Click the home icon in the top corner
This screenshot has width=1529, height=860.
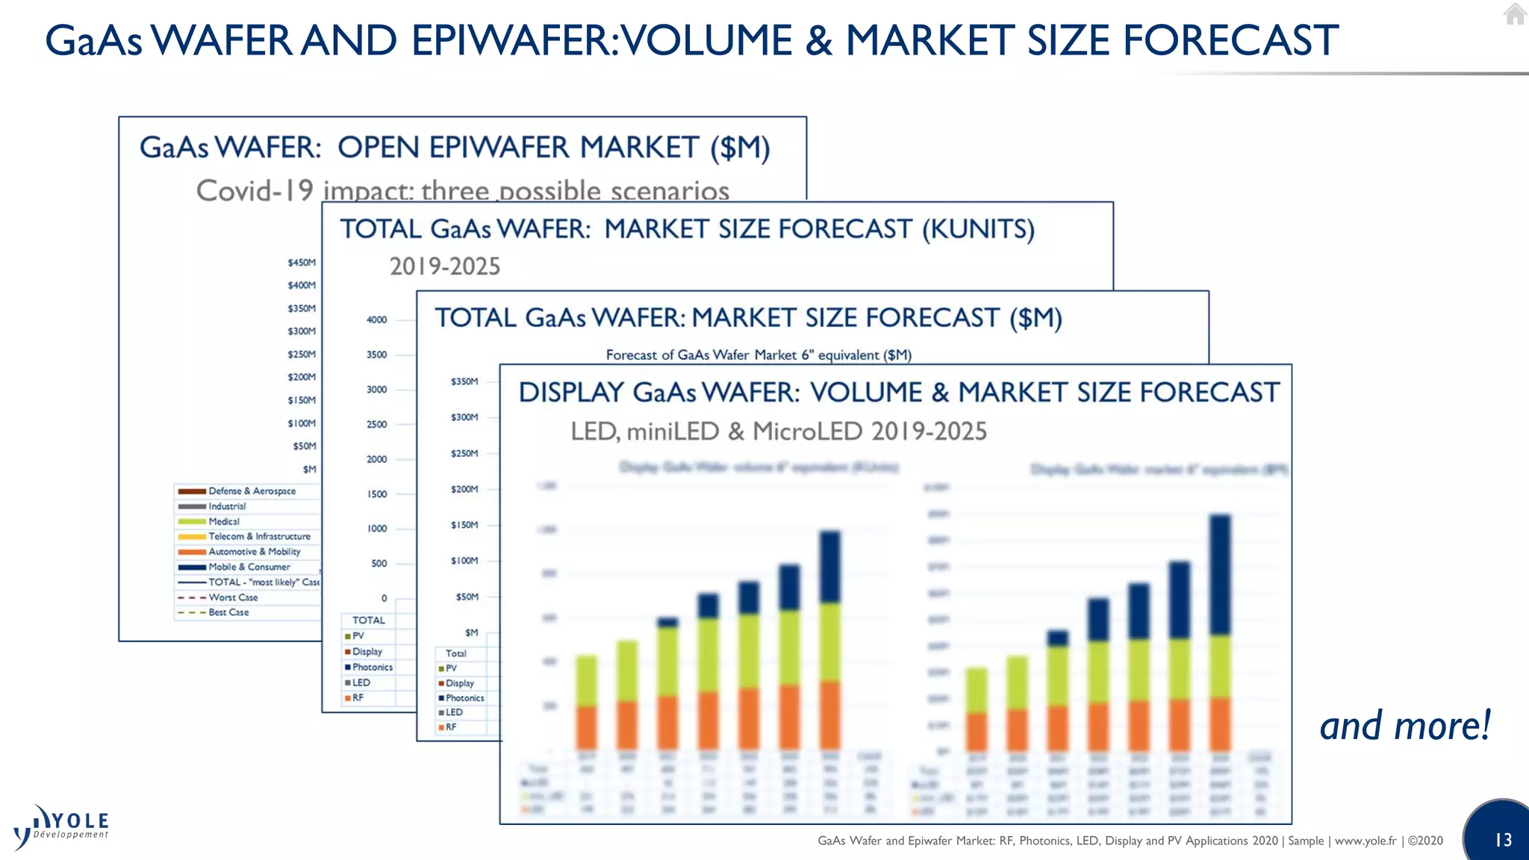1515,14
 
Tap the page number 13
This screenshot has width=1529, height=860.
1503,840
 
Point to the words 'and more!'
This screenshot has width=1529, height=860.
1404,726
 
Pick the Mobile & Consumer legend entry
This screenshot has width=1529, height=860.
249,567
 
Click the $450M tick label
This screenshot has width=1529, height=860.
302,263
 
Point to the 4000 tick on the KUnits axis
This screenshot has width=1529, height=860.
376,320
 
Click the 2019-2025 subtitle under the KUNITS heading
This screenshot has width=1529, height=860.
444,267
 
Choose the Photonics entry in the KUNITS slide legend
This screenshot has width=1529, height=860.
372,667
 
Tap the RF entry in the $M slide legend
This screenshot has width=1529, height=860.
450,727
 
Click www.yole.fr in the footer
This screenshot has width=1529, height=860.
1365,841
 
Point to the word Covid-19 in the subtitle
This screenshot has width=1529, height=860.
255,191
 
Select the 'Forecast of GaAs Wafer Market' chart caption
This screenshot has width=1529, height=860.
759,355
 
